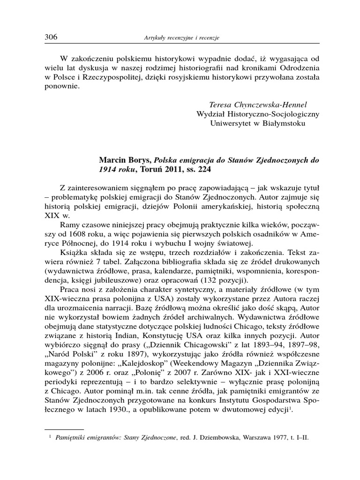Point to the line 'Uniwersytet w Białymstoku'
click(x=257, y=124)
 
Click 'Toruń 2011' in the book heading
click(x=150, y=170)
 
